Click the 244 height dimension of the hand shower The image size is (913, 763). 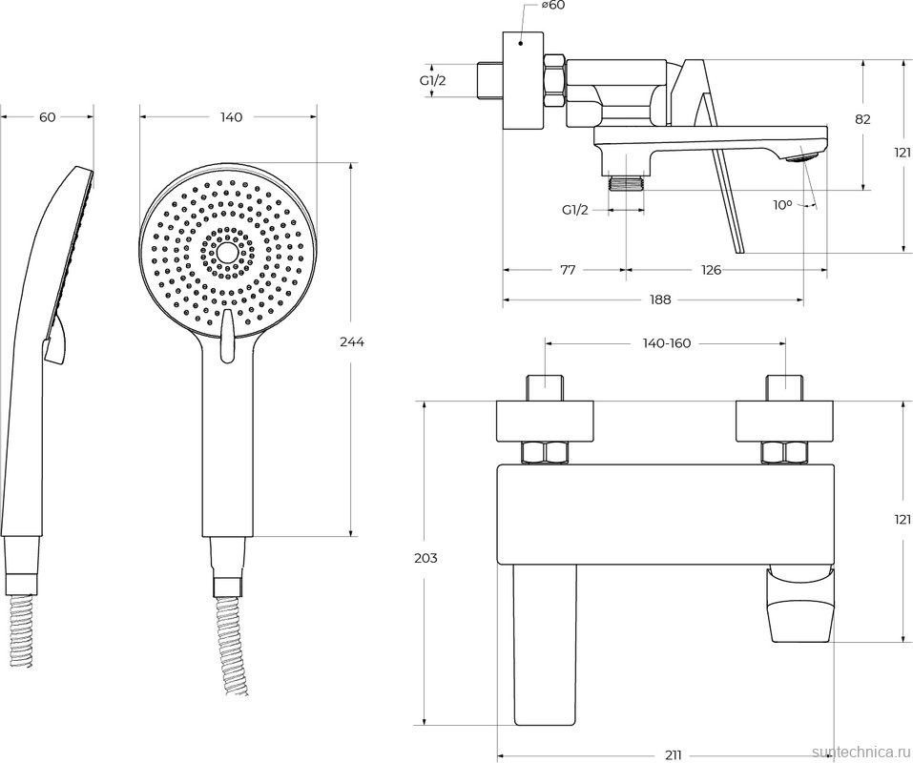click(x=353, y=341)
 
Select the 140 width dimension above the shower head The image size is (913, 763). click(x=231, y=117)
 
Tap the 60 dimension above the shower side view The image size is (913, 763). click(x=48, y=117)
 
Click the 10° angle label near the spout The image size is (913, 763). click(x=782, y=204)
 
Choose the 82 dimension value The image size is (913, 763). click(x=862, y=119)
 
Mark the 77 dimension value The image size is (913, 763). click(x=567, y=270)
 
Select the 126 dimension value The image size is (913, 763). click(x=711, y=270)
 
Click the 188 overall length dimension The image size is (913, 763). click(x=660, y=299)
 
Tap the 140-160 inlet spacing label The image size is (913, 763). click(x=665, y=343)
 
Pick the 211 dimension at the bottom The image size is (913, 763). click(x=673, y=755)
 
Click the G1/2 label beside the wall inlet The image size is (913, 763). click(x=433, y=81)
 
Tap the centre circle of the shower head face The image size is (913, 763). click(x=227, y=252)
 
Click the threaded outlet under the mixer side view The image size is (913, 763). click(x=626, y=181)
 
